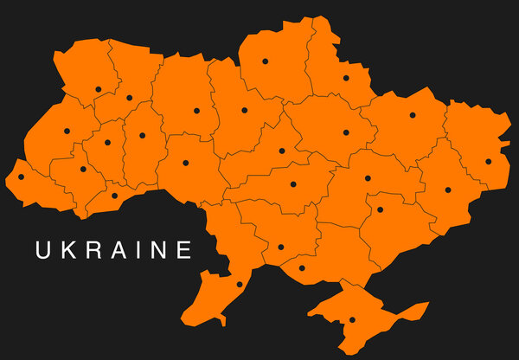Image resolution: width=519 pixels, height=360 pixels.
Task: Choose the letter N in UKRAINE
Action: [x=158, y=251]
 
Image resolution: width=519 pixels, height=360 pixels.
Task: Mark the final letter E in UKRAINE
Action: [x=183, y=251]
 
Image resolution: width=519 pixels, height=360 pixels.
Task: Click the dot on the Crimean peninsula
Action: [x=352, y=320]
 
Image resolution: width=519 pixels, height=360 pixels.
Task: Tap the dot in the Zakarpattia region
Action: [x=22, y=177]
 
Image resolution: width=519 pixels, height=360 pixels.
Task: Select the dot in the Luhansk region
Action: [x=488, y=160]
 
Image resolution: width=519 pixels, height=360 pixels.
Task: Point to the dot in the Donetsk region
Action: [x=448, y=190]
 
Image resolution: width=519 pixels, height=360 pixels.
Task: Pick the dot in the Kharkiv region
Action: [x=413, y=115]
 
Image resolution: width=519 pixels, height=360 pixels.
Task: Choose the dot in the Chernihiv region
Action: [x=266, y=61]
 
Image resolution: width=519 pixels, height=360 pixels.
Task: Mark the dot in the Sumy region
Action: [x=346, y=77]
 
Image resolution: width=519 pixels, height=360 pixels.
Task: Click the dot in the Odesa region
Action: [x=240, y=284]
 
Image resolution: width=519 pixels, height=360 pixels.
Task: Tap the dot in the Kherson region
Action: [x=302, y=267]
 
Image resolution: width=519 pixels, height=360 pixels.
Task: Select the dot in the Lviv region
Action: [x=67, y=132]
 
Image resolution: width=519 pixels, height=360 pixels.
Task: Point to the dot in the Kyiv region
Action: [x=244, y=110]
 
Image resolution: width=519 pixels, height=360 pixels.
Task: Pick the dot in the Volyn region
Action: [x=99, y=88]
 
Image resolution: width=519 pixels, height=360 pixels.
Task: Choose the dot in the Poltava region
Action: [x=346, y=132]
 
